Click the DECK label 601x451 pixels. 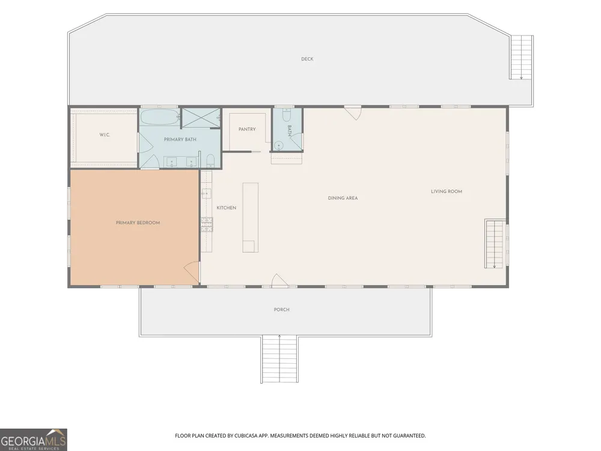click(x=307, y=59)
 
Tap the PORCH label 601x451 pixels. click(x=282, y=310)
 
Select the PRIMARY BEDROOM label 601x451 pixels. click(x=138, y=223)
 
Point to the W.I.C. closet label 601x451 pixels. click(x=105, y=135)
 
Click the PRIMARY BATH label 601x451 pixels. click(x=180, y=140)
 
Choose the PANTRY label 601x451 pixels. click(x=247, y=129)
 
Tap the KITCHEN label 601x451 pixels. click(x=227, y=208)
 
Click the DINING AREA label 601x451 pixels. click(x=343, y=198)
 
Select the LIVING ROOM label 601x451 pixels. click(x=447, y=191)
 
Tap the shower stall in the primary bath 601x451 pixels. click(x=201, y=118)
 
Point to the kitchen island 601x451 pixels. click(x=250, y=218)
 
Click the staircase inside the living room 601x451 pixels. click(x=495, y=244)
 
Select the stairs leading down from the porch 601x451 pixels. click(x=280, y=359)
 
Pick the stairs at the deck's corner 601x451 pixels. click(x=521, y=57)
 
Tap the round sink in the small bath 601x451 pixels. click(x=279, y=146)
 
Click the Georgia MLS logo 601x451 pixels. click(x=33, y=440)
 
